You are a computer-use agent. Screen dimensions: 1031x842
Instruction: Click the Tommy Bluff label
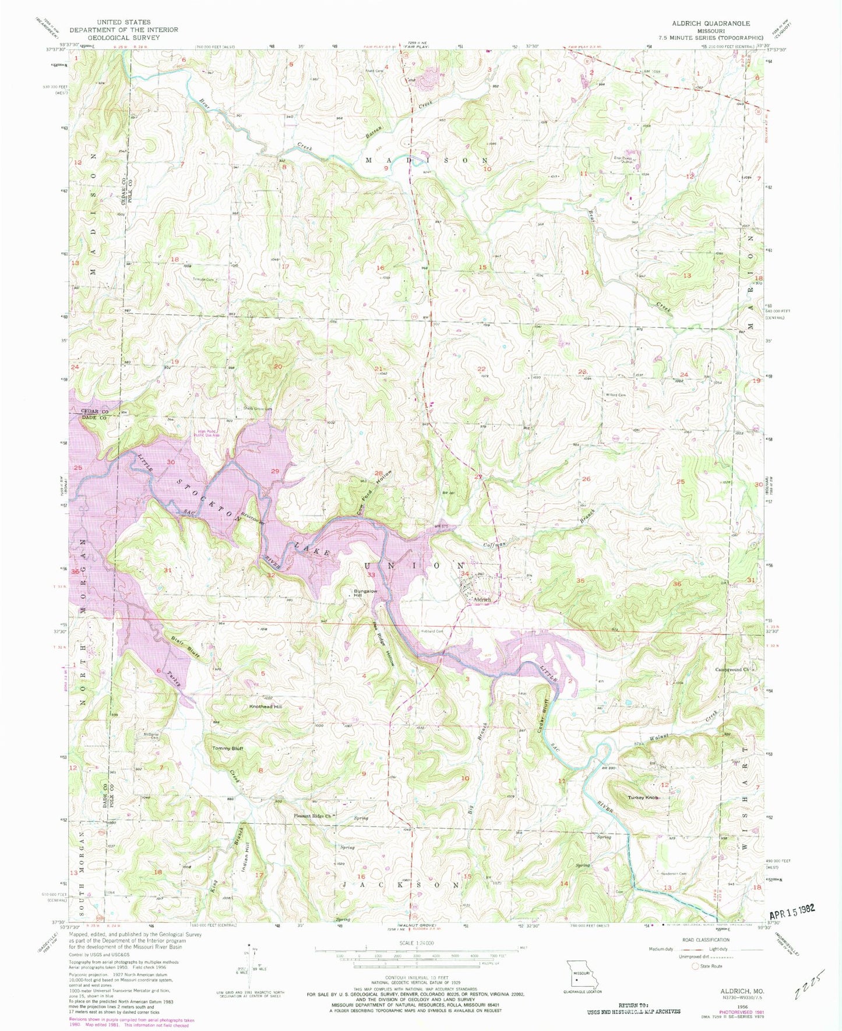pos(227,748)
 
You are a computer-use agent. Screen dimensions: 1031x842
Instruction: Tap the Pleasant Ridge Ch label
pos(312,816)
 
